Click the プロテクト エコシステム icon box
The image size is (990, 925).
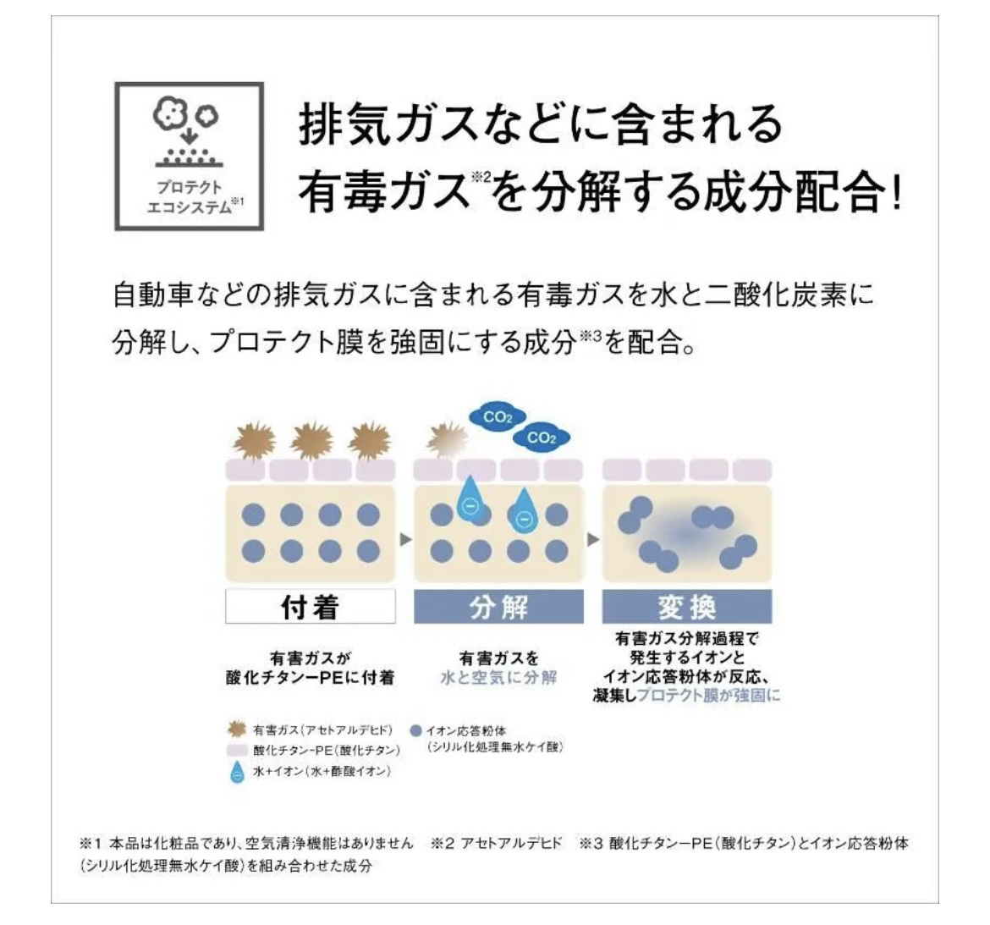coord(189,157)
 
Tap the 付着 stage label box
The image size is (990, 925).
coord(310,607)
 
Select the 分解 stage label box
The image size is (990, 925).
coord(498,607)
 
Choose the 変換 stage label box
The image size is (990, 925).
coord(686,607)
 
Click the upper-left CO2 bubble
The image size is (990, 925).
coord(498,417)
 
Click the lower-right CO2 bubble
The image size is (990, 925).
coord(542,438)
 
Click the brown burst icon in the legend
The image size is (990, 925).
coord(238,729)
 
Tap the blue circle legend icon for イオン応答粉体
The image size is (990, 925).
coord(415,730)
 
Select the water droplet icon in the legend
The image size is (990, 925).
coord(238,773)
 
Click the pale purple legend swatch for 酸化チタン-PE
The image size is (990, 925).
coord(238,751)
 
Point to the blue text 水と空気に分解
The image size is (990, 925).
coord(498,678)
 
